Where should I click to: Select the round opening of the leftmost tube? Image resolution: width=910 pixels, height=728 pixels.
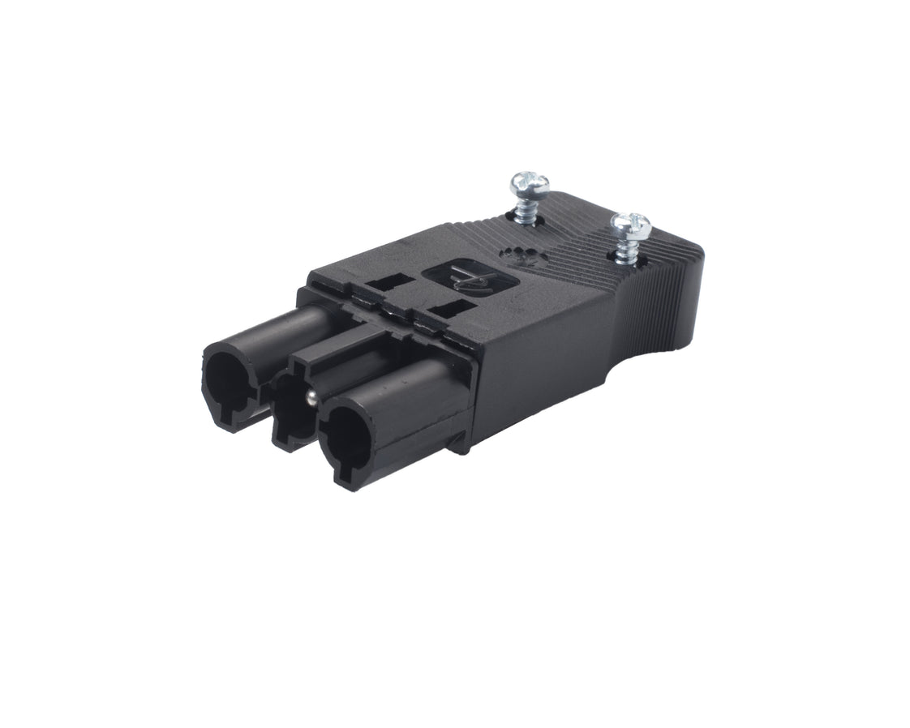(x=230, y=381)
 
